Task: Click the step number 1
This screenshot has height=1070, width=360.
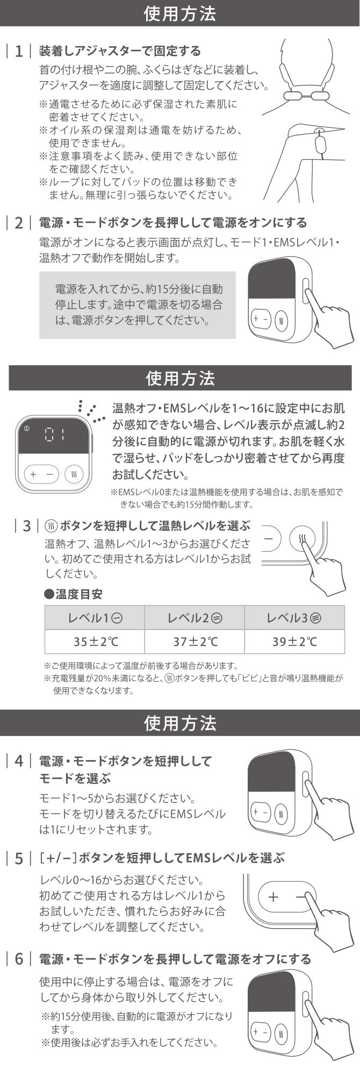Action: pyautogui.click(x=19, y=52)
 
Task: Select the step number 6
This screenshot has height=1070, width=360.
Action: pyautogui.click(x=19, y=959)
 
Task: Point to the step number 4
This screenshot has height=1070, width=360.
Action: pyautogui.click(x=19, y=762)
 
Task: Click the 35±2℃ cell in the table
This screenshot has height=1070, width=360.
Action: pyautogui.click(x=94, y=641)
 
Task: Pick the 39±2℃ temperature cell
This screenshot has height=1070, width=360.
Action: pyautogui.click(x=294, y=641)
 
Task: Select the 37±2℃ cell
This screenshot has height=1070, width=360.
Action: pyautogui.click(x=194, y=641)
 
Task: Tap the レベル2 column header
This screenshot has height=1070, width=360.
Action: pyautogui.click(x=194, y=618)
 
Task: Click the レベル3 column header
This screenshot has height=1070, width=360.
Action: pyautogui.click(x=294, y=618)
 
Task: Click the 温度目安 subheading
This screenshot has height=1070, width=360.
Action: pyautogui.click(x=73, y=595)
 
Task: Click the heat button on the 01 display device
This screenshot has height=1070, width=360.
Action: pyautogui.click(x=74, y=474)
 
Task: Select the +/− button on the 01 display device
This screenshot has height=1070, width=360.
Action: pyautogui.click(x=41, y=474)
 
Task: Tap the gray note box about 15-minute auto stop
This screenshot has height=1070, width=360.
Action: pyautogui.click(x=137, y=305)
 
